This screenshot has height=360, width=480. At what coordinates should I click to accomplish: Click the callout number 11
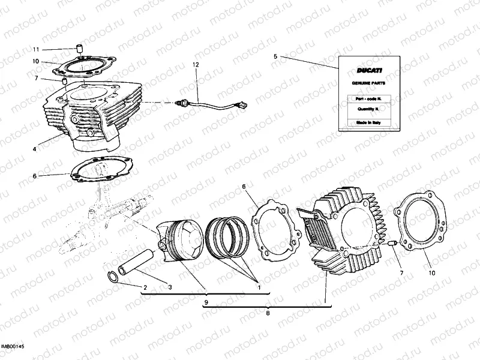pyautogui.click(x=35, y=49)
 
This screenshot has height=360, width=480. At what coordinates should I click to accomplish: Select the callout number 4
pyautogui.click(x=35, y=148)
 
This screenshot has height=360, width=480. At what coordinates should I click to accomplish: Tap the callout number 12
pyautogui.click(x=195, y=64)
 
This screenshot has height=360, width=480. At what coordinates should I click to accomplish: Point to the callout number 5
pyautogui.click(x=275, y=56)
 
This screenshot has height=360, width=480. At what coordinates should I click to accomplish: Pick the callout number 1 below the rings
pyautogui.click(x=259, y=287)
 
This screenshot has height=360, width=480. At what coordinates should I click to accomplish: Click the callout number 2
pyautogui.click(x=145, y=287)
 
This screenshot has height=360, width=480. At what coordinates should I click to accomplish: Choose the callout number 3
pyautogui.click(x=170, y=287)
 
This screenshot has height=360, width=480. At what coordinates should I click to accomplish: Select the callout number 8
pyautogui.click(x=268, y=313)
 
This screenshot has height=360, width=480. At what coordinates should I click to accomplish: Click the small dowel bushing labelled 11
pyautogui.click(x=78, y=48)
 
